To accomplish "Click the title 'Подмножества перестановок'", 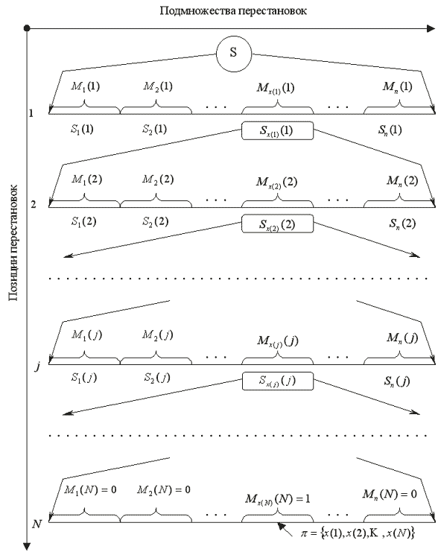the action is pyautogui.click(x=233, y=10).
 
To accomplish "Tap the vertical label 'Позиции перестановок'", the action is pyautogui.click(x=13, y=243).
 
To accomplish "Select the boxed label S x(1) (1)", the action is pyautogui.click(x=277, y=130).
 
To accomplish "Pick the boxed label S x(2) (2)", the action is pyautogui.click(x=277, y=224).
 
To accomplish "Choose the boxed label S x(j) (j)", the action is pyautogui.click(x=278, y=381).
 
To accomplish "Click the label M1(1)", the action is pyautogui.click(x=85, y=86).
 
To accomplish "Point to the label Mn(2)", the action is pyautogui.click(x=402, y=181).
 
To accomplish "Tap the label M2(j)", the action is pyautogui.click(x=158, y=334).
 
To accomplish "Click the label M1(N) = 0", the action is pyautogui.click(x=90, y=490).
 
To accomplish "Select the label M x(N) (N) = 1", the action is pyautogui.click(x=278, y=499).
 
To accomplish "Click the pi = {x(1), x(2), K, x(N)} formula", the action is pyautogui.click(x=358, y=533).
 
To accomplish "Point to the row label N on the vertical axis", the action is pyautogui.click(x=36, y=524).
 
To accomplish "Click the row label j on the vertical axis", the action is pyautogui.click(x=37, y=367).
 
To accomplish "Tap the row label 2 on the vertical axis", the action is pyautogui.click(x=34, y=204).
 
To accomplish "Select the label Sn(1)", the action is pyautogui.click(x=390, y=130).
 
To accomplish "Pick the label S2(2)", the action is pyautogui.click(x=156, y=222).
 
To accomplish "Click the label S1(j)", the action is pyautogui.click(x=84, y=378).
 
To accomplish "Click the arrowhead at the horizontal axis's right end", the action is pyautogui.click(x=431, y=28).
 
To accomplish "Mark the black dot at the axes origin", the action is pyautogui.click(x=27, y=28).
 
